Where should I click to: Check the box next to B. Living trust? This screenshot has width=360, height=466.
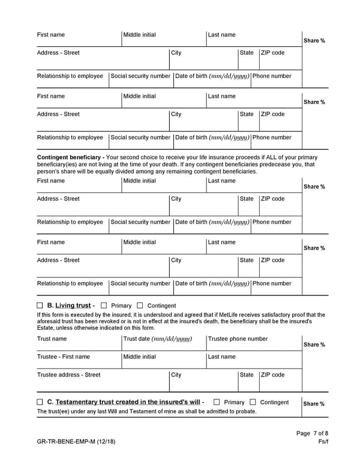(40, 306)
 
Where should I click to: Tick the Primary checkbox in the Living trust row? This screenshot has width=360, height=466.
(104, 306)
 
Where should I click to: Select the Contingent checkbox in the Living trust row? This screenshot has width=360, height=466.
(140, 306)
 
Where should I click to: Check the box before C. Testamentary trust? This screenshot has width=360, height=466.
(40, 402)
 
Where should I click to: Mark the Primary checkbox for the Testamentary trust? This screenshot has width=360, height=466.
(217, 402)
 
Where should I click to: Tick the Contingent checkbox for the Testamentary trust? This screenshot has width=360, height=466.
(253, 402)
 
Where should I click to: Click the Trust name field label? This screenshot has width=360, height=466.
(52, 339)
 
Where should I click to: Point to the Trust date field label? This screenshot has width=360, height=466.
(157, 339)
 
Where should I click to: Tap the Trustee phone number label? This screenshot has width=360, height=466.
(238, 339)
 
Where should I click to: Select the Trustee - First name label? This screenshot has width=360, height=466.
(64, 357)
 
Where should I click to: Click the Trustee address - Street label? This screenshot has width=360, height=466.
(68, 375)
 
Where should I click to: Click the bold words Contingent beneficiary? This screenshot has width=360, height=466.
(69, 157)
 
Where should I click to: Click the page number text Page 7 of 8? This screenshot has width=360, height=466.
(313, 434)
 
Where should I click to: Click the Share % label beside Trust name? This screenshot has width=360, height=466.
(314, 345)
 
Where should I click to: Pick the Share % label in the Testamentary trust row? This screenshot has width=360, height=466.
(314, 404)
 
